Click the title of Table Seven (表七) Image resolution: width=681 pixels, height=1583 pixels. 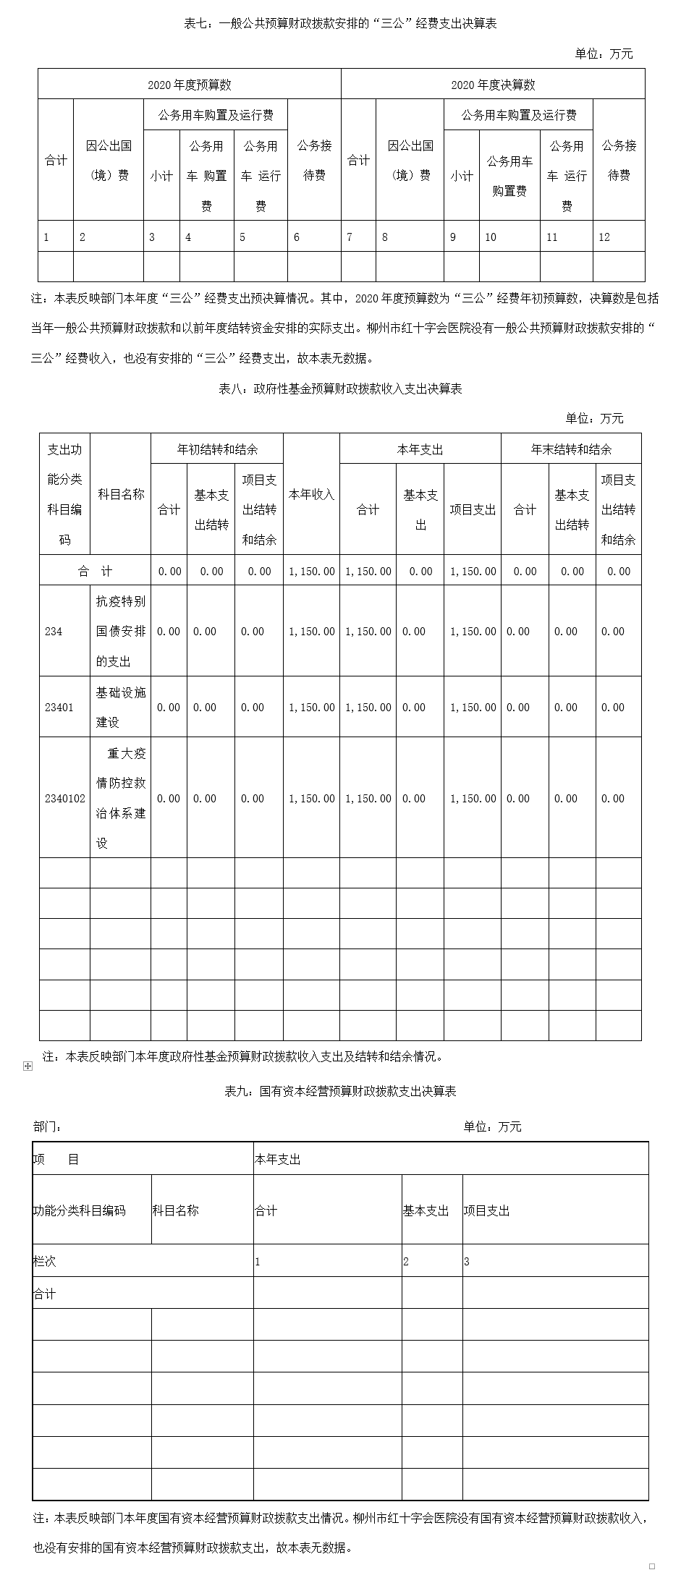[340, 24]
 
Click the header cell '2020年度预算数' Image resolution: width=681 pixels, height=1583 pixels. [190, 85]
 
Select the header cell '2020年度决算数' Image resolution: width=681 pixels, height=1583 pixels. [493, 85]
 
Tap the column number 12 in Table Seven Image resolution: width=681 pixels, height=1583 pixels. [604, 237]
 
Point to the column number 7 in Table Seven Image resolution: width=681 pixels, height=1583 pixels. [350, 237]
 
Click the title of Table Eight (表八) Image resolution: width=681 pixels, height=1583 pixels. [340, 389]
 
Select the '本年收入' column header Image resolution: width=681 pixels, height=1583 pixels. [311, 494]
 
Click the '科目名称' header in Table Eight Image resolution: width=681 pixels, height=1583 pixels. [121, 494]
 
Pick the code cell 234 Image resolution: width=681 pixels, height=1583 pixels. [54, 632]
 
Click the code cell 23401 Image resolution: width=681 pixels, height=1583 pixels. [59, 708]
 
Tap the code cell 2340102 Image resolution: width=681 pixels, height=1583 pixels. [64, 799]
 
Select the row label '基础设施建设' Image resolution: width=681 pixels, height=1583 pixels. [121, 708]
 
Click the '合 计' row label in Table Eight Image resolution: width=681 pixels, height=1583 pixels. [95, 572]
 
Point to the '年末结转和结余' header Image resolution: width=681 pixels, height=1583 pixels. [571, 449]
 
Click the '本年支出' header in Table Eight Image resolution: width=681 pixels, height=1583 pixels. [420, 449]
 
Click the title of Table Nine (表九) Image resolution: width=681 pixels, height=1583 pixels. [340, 1091]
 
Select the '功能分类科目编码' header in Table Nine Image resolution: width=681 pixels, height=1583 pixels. [79, 1210]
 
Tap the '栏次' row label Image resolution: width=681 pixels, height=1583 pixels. [44, 1261]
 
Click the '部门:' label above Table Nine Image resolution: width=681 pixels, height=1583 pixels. [48, 1126]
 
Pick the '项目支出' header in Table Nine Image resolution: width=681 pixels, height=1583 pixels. [486, 1210]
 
